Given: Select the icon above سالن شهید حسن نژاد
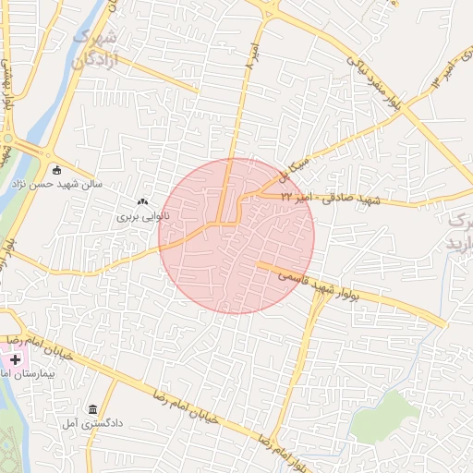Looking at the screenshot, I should [57, 169].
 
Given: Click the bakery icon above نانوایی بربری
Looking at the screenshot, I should [142, 201].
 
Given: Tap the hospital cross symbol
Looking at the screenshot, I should [15, 358].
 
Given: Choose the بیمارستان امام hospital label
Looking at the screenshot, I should [13, 373].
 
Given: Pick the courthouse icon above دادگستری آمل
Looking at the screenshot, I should [91, 409].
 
